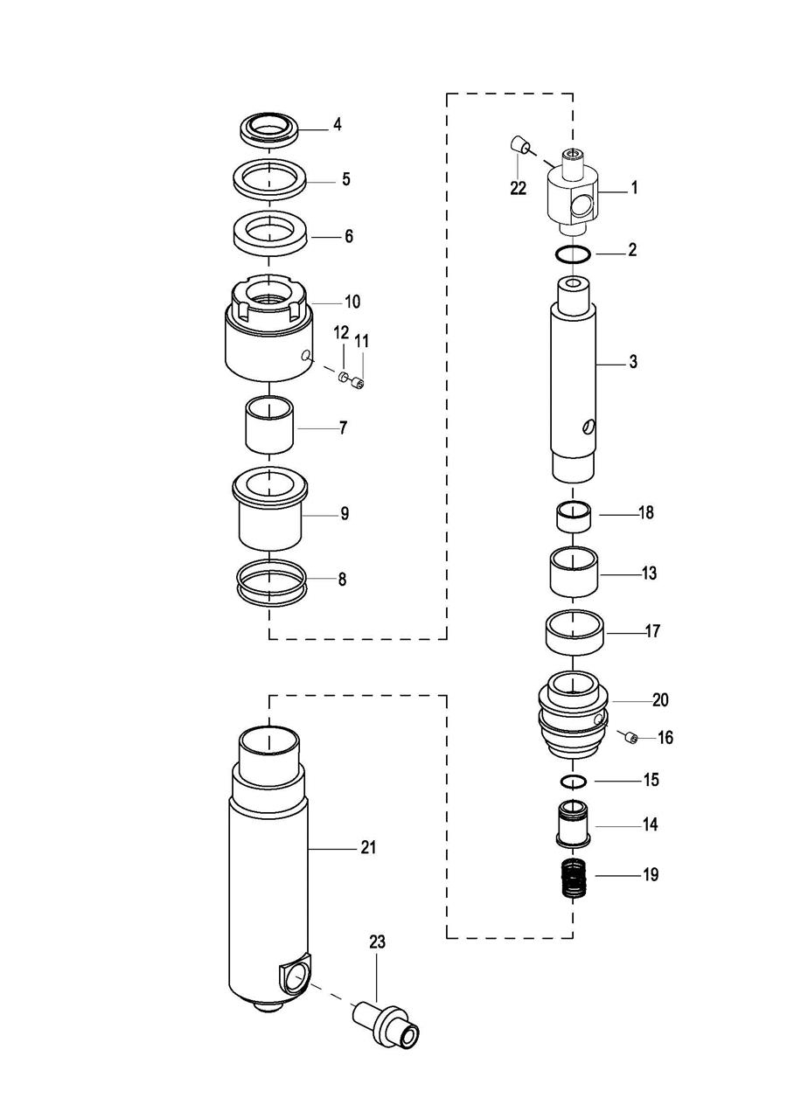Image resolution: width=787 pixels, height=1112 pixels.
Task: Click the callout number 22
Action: [519, 188]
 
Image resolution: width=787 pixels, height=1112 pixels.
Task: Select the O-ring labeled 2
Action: [574, 254]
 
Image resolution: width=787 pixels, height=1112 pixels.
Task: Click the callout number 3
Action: [633, 362]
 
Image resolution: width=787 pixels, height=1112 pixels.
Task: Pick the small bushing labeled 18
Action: [573, 515]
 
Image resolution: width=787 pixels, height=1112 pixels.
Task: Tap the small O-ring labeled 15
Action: [573, 780]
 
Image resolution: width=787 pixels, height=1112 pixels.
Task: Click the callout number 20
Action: [659, 700]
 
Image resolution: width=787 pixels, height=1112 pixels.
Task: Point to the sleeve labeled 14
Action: [573, 824]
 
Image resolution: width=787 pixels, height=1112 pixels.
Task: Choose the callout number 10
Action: [352, 302]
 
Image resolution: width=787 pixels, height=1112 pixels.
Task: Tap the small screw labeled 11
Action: [359, 382]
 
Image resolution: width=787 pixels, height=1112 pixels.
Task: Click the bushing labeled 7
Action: [269, 426]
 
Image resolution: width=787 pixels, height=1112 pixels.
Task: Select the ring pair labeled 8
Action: [271, 582]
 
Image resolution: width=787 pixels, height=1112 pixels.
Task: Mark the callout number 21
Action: [368, 847]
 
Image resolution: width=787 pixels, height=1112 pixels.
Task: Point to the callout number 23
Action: [377, 942]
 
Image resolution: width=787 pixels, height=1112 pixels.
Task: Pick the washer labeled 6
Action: [269, 236]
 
